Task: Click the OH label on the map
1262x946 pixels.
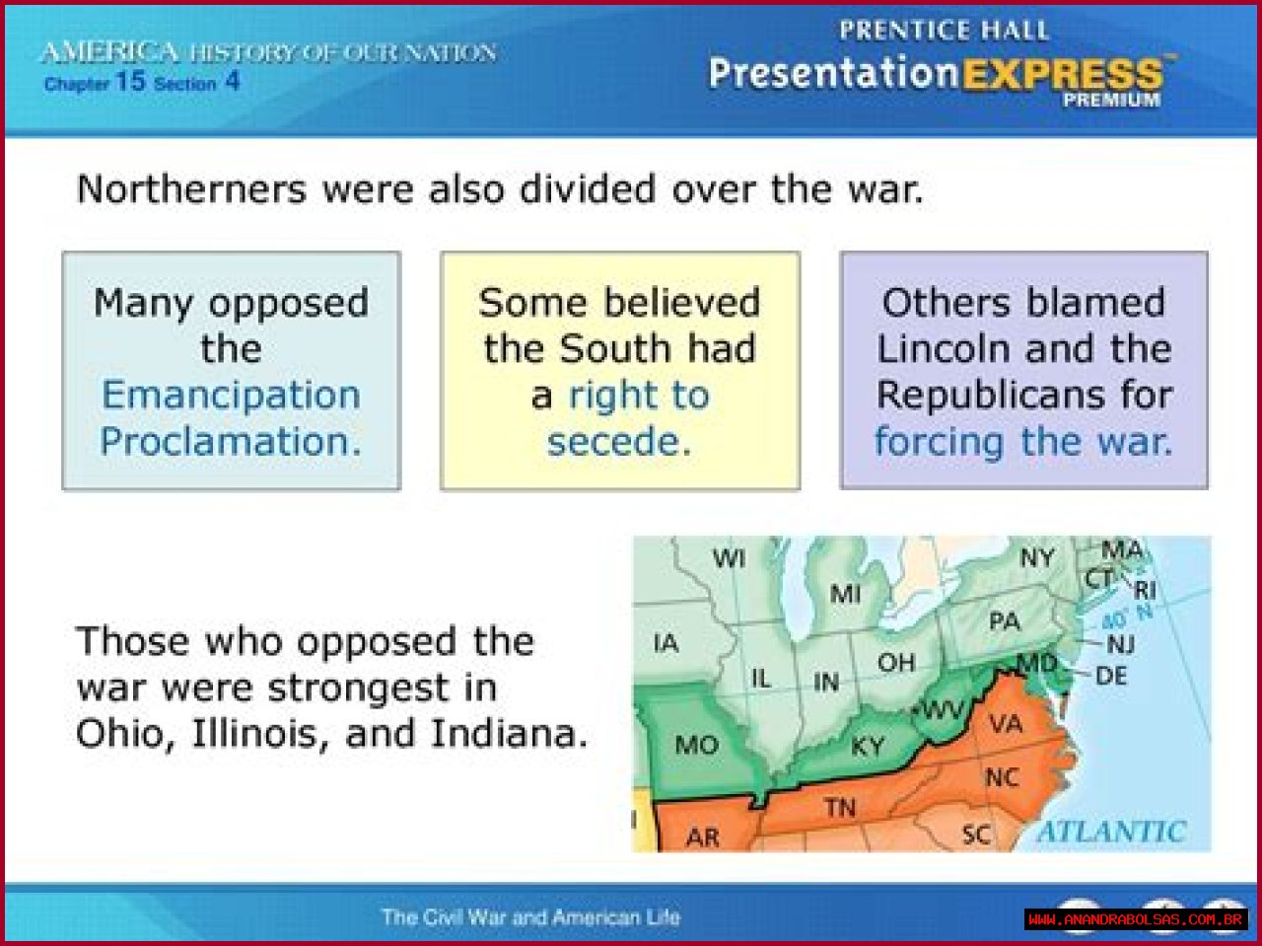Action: tap(896, 663)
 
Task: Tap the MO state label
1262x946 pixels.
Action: tap(697, 746)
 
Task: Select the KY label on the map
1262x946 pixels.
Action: tap(867, 747)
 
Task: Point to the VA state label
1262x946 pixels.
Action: tap(1006, 723)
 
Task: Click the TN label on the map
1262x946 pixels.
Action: tap(841, 808)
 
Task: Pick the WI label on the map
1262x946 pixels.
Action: tap(729, 557)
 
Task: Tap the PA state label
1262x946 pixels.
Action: tap(1005, 621)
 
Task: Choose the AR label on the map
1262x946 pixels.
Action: tap(703, 837)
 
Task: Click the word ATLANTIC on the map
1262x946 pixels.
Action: tap(1111, 832)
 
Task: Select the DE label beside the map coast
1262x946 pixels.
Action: tap(1111, 676)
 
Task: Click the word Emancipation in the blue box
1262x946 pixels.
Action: tap(231, 397)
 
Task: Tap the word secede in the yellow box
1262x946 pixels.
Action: tap(618, 442)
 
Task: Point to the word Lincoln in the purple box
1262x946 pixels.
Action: tap(943, 349)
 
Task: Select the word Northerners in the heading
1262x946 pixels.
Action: tap(191, 189)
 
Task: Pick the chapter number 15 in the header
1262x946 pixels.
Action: tap(130, 81)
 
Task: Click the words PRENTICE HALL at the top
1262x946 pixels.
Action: tap(944, 30)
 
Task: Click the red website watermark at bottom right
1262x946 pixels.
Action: tap(1136, 919)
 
